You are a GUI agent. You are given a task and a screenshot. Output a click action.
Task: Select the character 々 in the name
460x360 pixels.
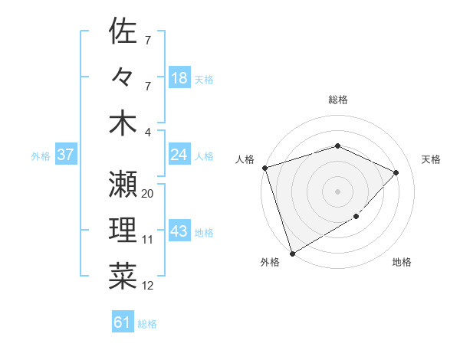coord(123,77)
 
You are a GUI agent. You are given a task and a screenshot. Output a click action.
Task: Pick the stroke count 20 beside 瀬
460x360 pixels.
coord(148,194)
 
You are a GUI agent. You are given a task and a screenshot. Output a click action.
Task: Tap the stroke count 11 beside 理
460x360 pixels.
coord(148,240)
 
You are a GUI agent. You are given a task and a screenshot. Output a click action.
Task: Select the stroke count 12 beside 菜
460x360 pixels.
coord(148,286)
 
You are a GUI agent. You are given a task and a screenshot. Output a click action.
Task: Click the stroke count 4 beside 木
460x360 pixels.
coord(148,132)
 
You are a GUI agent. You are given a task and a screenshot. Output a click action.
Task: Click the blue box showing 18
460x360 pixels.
coord(179,78)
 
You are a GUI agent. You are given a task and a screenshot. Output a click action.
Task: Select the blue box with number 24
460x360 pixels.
coord(179,155)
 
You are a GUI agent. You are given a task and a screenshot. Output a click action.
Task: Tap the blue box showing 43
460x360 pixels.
coord(179,231)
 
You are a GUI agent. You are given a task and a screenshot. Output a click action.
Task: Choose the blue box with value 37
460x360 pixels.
coord(65,155)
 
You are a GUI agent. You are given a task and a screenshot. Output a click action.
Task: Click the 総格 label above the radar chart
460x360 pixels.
coord(338,100)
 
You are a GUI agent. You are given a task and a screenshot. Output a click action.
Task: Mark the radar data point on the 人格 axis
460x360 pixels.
coord(264,168)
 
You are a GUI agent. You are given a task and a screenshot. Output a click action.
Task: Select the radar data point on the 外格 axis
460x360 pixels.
coord(292,253)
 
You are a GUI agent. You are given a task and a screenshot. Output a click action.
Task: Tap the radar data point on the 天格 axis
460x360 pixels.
coord(396,172)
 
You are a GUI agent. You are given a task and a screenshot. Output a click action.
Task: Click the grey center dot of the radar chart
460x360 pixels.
coord(338,191)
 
